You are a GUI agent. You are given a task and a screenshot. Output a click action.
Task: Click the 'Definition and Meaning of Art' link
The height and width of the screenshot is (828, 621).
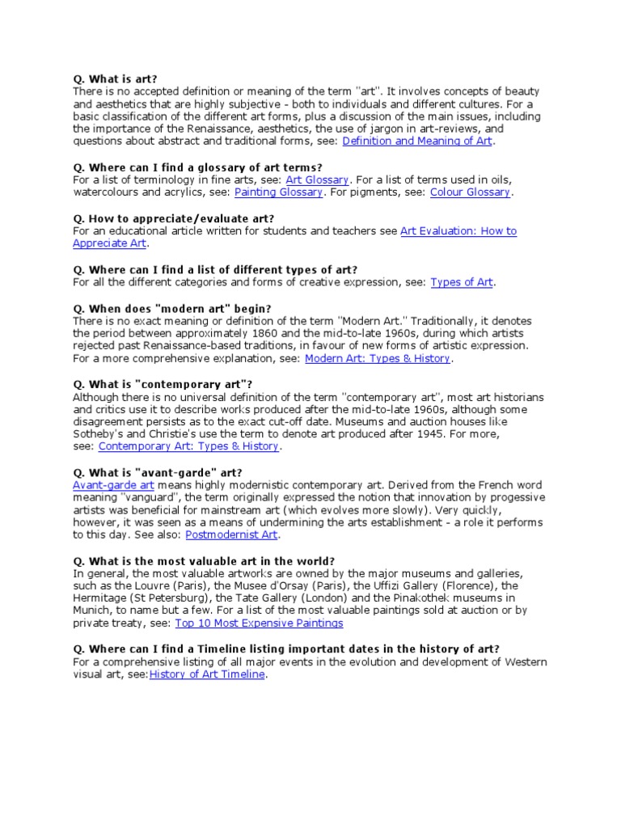tap(417, 141)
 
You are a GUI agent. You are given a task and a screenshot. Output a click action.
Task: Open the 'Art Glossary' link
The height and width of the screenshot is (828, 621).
tap(317, 180)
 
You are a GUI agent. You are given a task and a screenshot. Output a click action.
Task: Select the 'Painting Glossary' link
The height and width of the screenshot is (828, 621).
tap(278, 192)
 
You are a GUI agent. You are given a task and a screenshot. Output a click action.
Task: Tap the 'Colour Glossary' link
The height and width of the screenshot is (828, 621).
tap(470, 192)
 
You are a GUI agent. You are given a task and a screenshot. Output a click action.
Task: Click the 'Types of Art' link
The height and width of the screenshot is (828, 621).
tap(461, 282)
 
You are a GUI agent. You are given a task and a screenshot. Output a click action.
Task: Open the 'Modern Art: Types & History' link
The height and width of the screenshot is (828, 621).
tap(378, 358)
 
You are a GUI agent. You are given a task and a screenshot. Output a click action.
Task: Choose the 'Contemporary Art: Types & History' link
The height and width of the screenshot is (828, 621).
tap(188, 446)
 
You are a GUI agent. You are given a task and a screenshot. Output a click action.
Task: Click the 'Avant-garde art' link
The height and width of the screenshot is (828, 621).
tap(113, 485)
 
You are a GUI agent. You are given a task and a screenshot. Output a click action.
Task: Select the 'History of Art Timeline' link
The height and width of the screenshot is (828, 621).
tap(207, 674)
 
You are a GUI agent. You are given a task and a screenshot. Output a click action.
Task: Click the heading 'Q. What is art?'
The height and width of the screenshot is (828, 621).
tap(115, 79)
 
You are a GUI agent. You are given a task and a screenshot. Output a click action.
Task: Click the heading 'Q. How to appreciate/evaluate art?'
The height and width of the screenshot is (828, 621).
tap(174, 218)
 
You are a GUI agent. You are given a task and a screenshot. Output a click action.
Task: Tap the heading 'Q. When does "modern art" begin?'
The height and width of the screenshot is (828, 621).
tap(172, 308)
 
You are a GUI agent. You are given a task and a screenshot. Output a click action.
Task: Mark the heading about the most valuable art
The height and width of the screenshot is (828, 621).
tap(204, 560)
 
